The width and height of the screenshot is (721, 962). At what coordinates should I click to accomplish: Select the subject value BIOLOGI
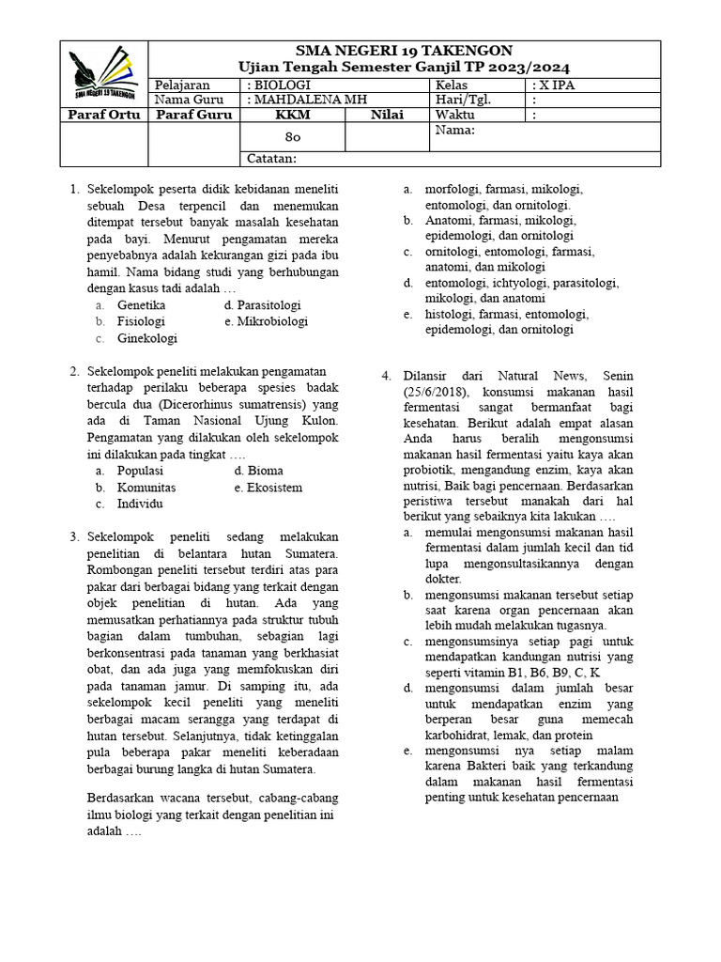tap(273, 85)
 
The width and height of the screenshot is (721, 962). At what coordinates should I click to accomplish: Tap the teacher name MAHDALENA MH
tap(305, 100)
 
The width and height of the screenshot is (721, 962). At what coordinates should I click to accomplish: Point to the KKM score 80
tap(292, 137)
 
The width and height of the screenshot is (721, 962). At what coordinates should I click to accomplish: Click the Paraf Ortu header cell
tap(103, 115)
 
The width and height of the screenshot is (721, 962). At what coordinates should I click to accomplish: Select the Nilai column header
tap(386, 115)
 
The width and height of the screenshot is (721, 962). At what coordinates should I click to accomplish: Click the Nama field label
tap(455, 131)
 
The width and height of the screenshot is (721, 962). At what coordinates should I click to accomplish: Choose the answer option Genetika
tap(141, 305)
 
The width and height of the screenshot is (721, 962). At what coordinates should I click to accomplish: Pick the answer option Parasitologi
tap(262, 305)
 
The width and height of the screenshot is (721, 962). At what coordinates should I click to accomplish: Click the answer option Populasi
tap(141, 471)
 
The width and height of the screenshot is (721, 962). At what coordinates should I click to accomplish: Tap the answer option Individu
tap(140, 504)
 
